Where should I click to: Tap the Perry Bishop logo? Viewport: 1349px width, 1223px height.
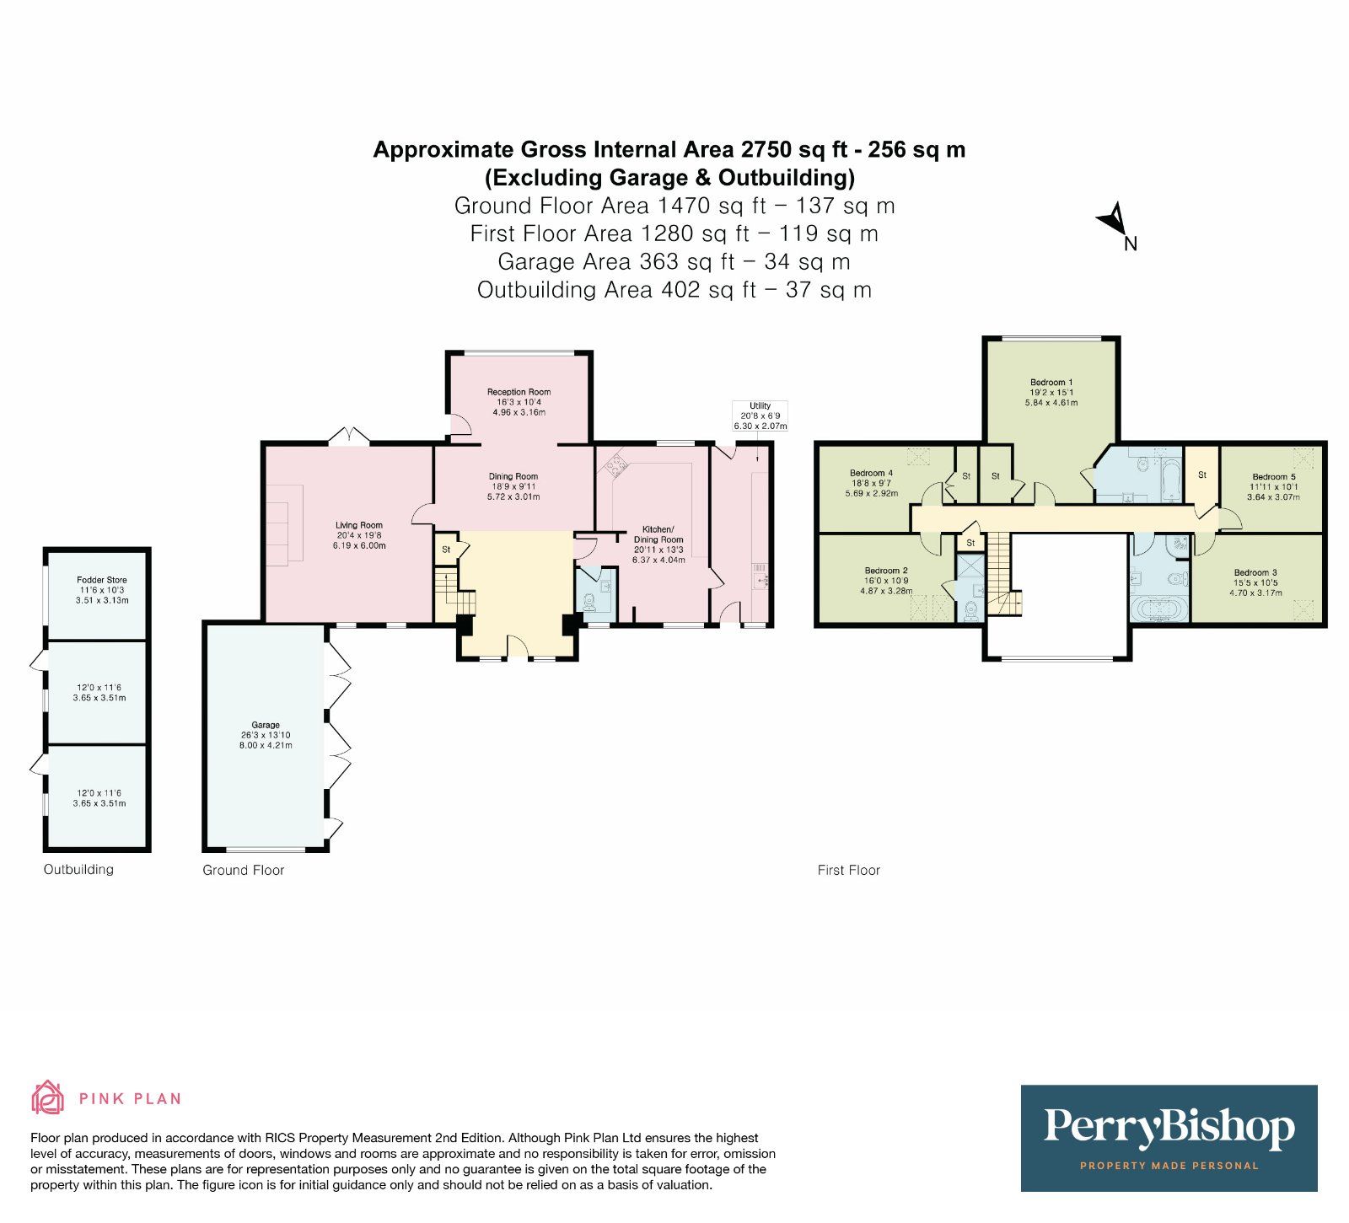(x=1169, y=1137)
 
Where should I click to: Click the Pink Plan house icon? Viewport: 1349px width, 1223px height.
(x=47, y=1097)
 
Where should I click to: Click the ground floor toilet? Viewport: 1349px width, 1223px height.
(x=589, y=602)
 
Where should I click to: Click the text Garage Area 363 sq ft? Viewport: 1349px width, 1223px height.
(x=607, y=262)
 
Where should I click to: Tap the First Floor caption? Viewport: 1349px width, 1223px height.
(x=848, y=871)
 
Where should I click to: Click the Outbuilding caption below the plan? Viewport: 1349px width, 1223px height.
(x=78, y=870)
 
